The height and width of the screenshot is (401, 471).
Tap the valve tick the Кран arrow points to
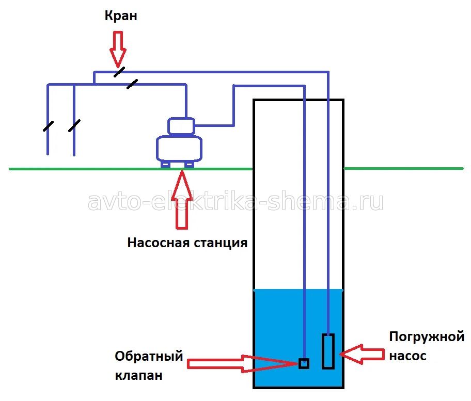[119, 72]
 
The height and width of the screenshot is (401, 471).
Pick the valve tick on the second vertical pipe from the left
[74, 125]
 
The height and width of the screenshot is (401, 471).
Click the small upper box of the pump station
[181, 125]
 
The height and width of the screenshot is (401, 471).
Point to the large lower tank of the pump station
[181, 149]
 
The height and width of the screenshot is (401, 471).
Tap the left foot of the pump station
[166, 165]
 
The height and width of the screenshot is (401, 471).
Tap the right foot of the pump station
[190, 165]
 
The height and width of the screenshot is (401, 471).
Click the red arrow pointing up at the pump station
[181, 201]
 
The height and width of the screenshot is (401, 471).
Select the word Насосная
[155, 243]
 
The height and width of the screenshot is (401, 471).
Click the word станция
[217, 243]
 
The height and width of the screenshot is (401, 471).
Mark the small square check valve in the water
[304, 363]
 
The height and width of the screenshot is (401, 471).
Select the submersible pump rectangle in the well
[328, 351]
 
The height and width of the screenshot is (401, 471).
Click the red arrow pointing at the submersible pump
[362, 354]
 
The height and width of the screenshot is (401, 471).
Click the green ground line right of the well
[403, 168]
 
